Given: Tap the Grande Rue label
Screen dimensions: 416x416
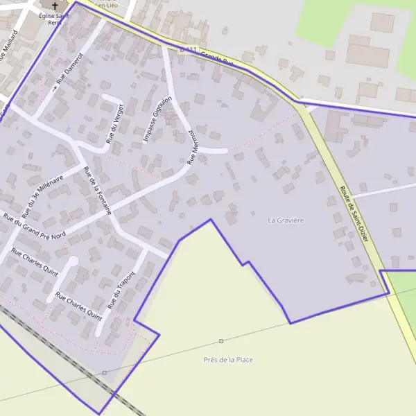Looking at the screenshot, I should (219, 59).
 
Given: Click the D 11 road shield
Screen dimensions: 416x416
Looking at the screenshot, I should (188, 49).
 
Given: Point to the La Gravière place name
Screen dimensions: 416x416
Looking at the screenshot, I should (286, 220).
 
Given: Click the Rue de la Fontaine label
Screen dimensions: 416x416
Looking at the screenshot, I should (97, 191).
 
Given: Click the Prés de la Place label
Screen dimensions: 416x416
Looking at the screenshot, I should (228, 359).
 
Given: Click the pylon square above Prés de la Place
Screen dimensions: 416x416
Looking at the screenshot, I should (221, 341).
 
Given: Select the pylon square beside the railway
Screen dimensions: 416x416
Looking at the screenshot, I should (104, 373).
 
